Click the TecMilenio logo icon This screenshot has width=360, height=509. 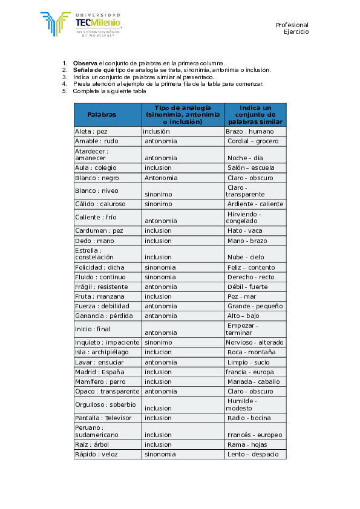coord(55,24)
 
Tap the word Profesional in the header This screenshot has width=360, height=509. coord(292,25)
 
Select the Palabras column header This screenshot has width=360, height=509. coord(101,114)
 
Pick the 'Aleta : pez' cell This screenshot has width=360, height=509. coord(91,131)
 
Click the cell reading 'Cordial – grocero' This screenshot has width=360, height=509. coord(253,141)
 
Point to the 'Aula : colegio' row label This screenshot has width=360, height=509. coord(96,167)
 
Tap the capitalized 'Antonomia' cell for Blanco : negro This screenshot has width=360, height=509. coord(161,178)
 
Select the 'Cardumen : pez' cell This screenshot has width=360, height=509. coord(99,230)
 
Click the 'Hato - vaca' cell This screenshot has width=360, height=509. coord(244,230)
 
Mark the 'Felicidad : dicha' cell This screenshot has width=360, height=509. coord(99,267)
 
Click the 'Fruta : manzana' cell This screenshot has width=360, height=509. coord(99,296)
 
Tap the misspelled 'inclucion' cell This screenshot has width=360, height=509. coord(158,352)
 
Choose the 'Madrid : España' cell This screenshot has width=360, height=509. coord(99,372)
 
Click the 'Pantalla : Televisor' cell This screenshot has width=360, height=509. coord(103,418)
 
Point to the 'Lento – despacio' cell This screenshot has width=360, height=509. coord(253,454)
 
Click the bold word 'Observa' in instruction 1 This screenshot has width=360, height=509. coord(85,63)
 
